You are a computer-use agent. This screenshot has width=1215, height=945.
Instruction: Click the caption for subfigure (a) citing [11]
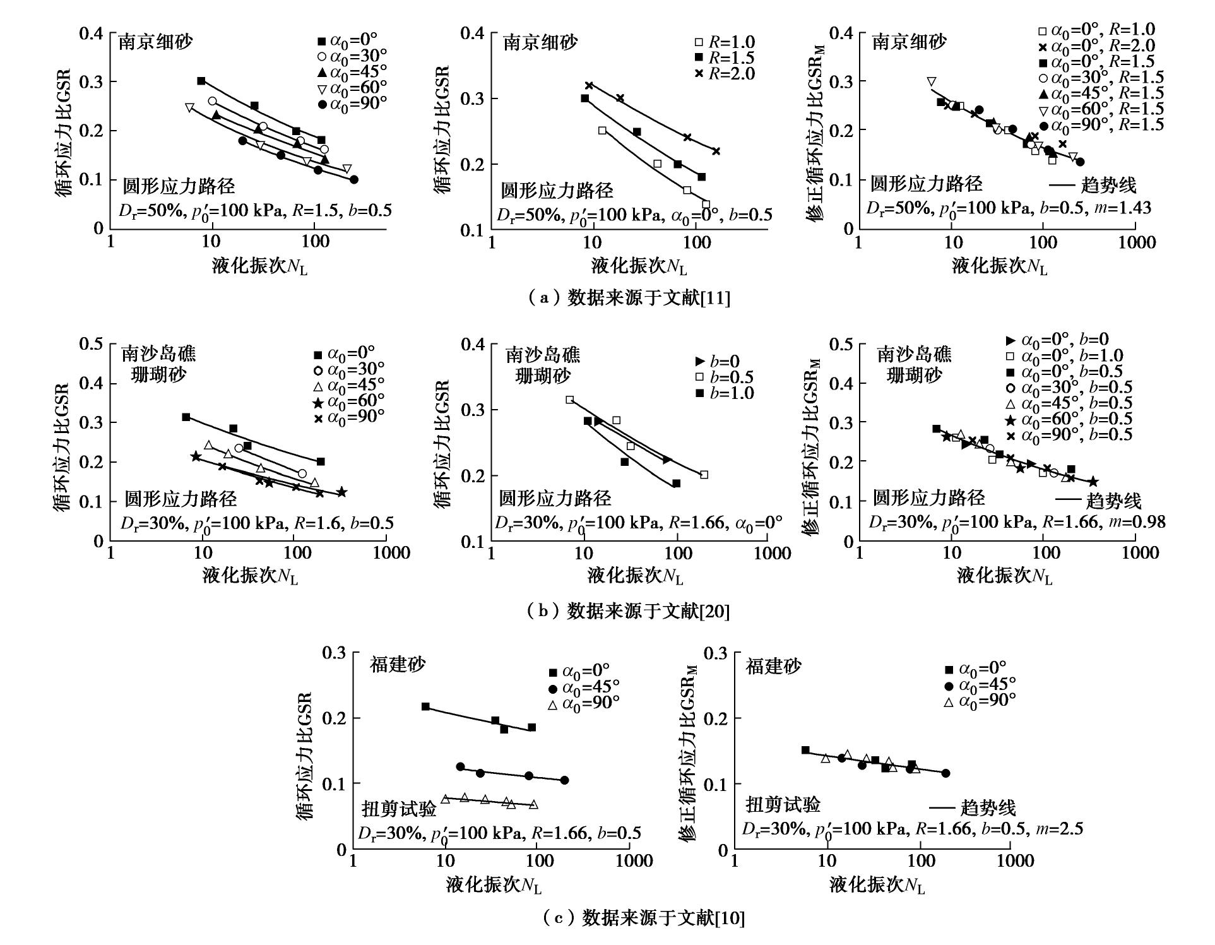tap(628, 297)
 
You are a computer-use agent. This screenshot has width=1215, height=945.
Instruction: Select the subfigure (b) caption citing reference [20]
tap(628, 610)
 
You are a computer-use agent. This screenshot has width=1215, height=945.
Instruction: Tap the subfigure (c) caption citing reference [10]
tap(644, 917)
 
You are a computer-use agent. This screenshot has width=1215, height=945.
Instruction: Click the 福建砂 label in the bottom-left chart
tap(398, 665)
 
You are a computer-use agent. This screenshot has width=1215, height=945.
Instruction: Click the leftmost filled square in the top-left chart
tap(201, 81)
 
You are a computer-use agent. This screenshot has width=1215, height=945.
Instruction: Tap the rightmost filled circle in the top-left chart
tap(354, 179)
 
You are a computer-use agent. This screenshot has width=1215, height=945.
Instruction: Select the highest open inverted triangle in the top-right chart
tap(932, 81)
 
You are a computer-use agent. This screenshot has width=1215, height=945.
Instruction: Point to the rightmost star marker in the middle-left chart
tap(341, 492)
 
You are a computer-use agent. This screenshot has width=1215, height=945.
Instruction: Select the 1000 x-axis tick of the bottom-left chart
tap(634, 861)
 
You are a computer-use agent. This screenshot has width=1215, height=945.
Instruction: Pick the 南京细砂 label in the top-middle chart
tap(540, 43)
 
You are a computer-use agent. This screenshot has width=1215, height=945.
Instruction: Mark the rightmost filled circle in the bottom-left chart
tap(564, 780)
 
